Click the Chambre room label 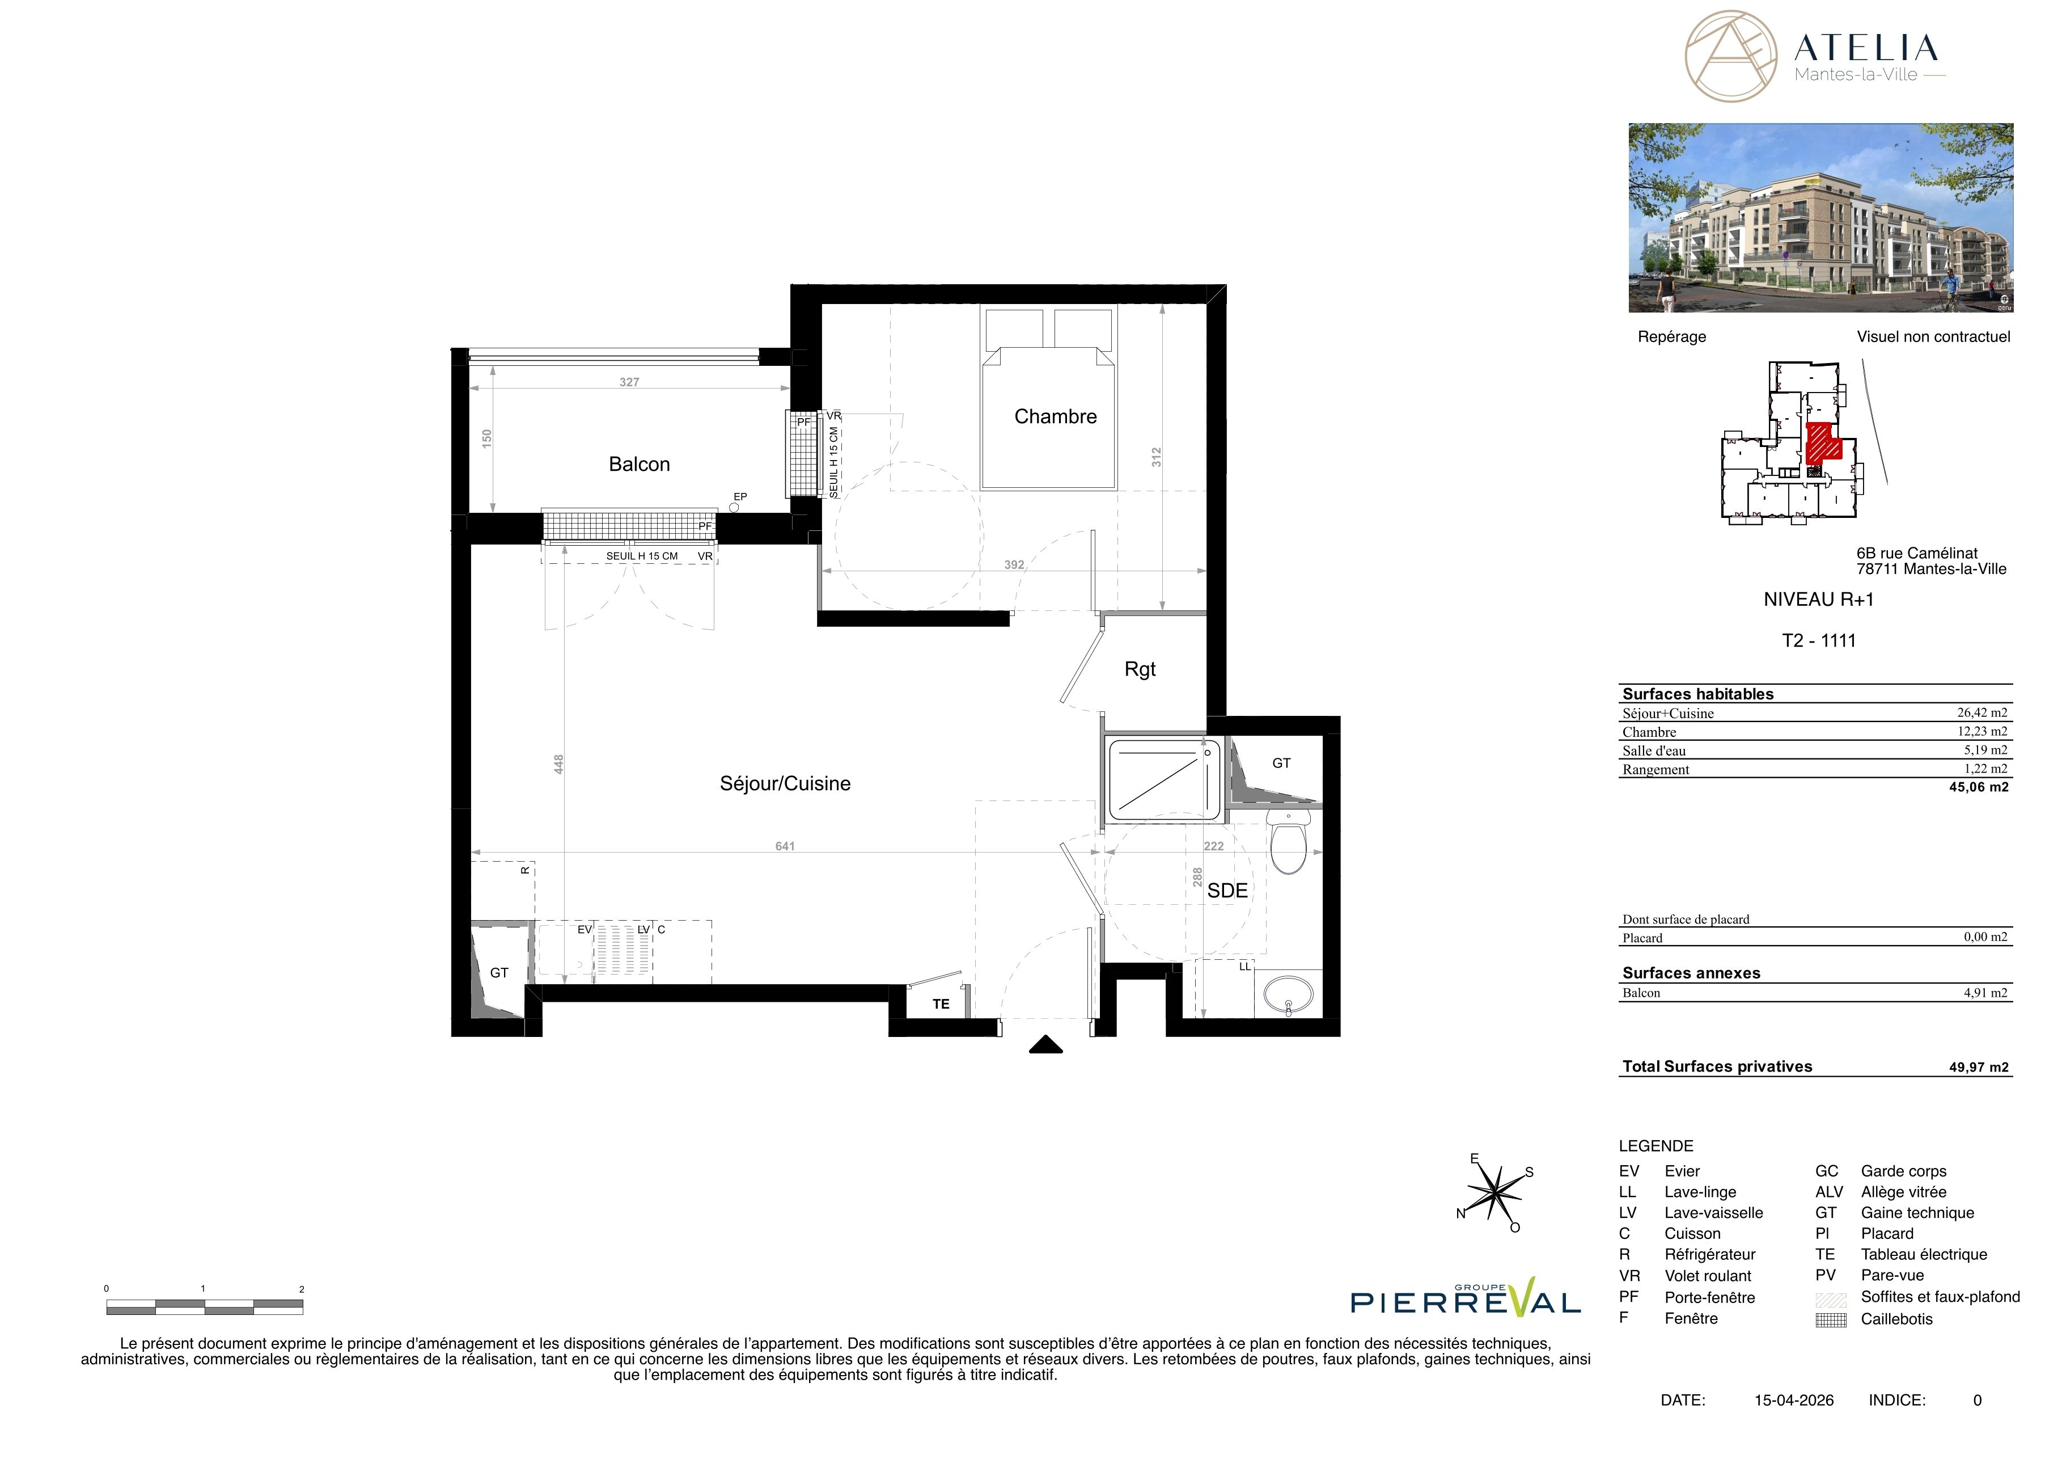pos(1055,417)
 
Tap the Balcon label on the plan pos(640,465)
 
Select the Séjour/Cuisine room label pos(785,783)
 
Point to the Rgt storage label pos(1140,669)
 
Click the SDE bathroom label pos(1227,890)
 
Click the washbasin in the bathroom pos(1289,994)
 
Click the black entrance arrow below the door pos(1045,1045)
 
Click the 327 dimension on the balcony pos(629,382)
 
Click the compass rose pos(1494,1192)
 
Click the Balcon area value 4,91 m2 pos(1985,993)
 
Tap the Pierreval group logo pos(1466,1298)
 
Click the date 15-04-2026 pos(1793,1399)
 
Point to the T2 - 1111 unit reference pos(1819,640)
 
